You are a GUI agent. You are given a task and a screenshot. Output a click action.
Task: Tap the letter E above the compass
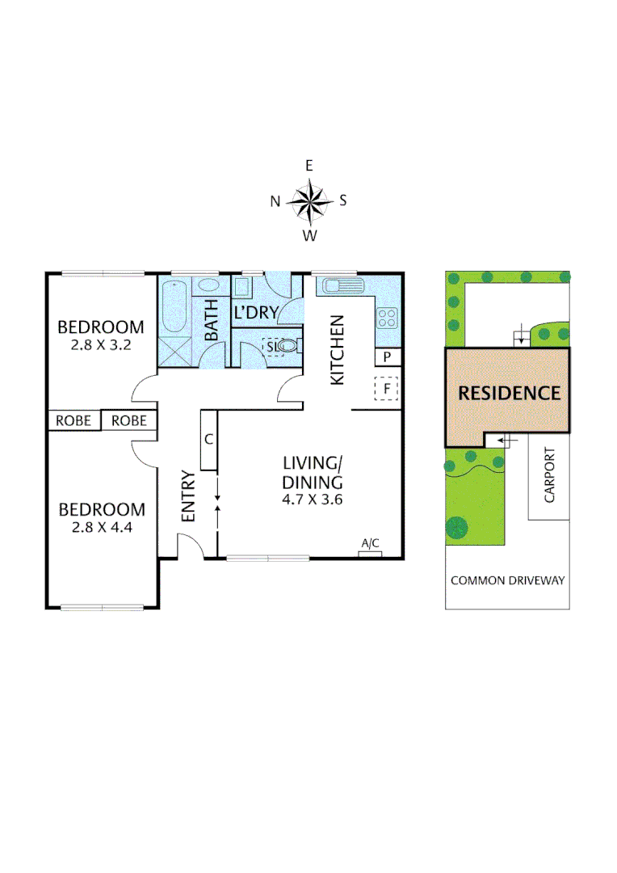pyautogui.click(x=309, y=166)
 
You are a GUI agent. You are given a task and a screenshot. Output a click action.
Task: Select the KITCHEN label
pyautogui.click(x=338, y=350)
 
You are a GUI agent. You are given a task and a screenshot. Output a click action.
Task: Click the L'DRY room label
pyautogui.click(x=256, y=312)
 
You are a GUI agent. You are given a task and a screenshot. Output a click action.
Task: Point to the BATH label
pyautogui.click(x=212, y=319)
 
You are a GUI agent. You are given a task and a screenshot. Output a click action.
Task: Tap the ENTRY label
pyautogui.click(x=187, y=496)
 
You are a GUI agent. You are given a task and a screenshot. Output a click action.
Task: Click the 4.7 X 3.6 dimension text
pyautogui.click(x=313, y=499)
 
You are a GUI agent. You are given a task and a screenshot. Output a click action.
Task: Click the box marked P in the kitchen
pyautogui.click(x=388, y=356)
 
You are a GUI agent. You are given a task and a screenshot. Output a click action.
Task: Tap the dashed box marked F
pyautogui.click(x=388, y=390)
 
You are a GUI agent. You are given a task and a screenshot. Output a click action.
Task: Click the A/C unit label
pyautogui.click(x=371, y=544)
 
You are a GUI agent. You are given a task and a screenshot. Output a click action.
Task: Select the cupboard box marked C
pyautogui.click(x=208, y=441)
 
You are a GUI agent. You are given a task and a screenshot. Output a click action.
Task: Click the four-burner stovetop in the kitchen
pyautogui.click(x=388, y=317)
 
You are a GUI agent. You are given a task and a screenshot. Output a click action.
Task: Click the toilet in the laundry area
pyautogui.click(x=288, y=346)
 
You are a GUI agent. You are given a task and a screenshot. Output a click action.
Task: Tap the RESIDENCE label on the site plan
pyautogui.click(x=509, y=394)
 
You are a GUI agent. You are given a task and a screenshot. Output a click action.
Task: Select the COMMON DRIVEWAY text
pyautogui.click(x=507, y=580)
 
